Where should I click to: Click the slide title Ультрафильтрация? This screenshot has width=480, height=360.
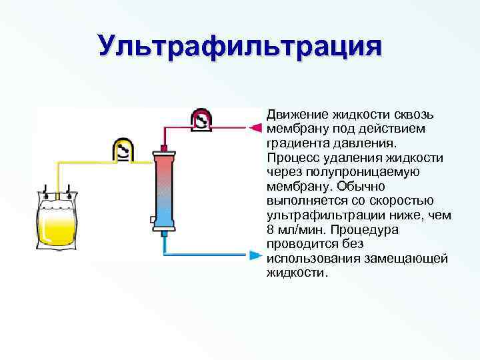240,47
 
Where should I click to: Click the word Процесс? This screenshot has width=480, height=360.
291,157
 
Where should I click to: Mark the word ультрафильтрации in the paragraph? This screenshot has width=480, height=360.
317,216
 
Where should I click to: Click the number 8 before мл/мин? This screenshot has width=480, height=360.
270,230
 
